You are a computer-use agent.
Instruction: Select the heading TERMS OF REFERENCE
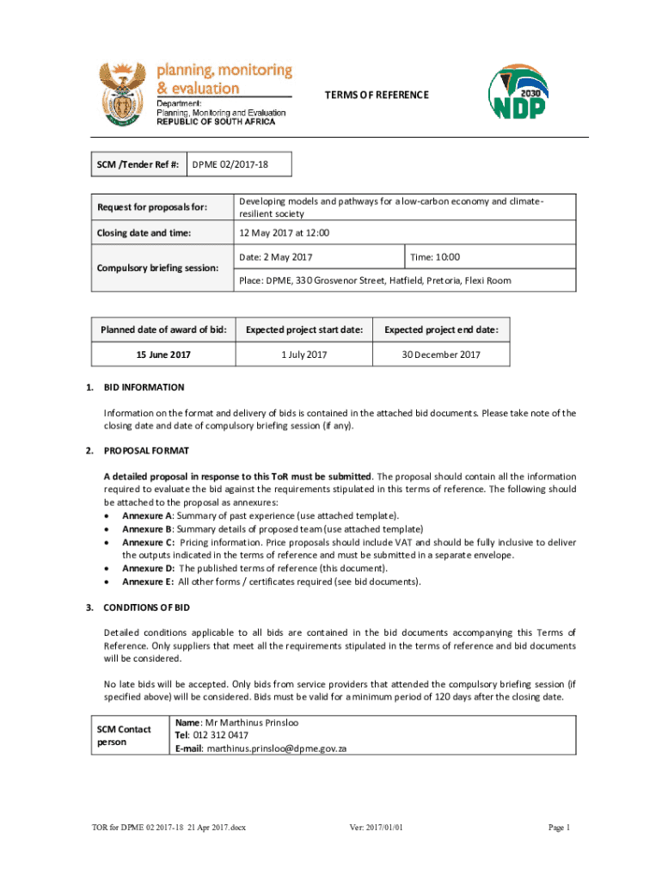click(x=375, y=95)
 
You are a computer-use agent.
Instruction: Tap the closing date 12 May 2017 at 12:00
click(x=284, y=232)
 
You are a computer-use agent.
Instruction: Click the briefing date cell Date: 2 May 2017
click(x=276, y=257)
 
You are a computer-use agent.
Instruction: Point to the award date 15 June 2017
click(x=163, y=354)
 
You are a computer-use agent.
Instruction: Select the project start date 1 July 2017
click(x=304, y=354)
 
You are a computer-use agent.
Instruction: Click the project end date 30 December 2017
click(x=441, y=354)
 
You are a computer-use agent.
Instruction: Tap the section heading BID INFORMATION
click(x=144, y=387)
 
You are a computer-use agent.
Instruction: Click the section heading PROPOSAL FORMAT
click(x=146, y=450)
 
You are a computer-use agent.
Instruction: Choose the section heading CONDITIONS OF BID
click(x=146, y=607)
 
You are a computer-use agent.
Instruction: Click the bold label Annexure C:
click(x=148, y=543)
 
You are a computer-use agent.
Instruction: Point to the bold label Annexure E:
click(x=148, y=582)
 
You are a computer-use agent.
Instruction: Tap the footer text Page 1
click(x=559, y=828)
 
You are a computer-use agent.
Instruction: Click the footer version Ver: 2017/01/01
click(x=376, y=828)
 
